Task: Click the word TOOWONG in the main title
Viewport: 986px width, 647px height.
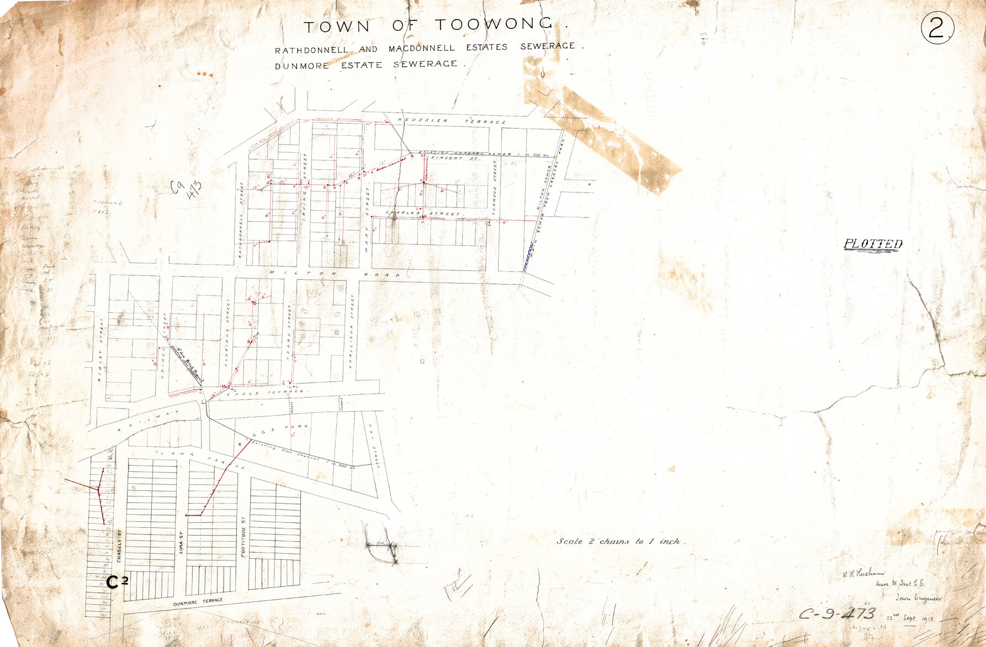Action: pyautogui.click(x=494, y=25)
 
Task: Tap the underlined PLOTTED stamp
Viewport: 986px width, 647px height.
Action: pyautogui.click(x=873, y=244)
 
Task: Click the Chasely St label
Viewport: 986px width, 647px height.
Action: pyautogui.click(x=118, y=544)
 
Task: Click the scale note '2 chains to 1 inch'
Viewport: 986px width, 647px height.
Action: pyautogui.click(x=620, y=542)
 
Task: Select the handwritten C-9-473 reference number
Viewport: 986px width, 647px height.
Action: pyautogui.click(x=837, y=614)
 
